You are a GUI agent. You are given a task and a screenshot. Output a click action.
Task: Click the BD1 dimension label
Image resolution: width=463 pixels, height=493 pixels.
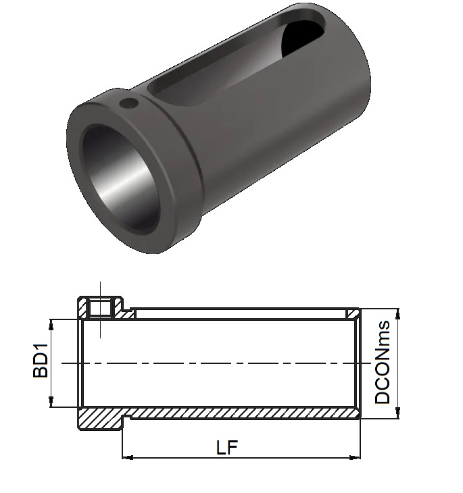[x=41, y=361]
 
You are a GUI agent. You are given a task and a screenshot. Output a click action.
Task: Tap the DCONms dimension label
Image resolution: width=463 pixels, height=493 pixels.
[x=382, y=362]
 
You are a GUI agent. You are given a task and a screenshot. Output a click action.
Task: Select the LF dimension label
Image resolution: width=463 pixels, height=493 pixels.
[x=227, y=447]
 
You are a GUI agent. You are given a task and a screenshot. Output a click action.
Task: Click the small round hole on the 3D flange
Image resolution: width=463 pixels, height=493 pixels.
[x=129, y=103]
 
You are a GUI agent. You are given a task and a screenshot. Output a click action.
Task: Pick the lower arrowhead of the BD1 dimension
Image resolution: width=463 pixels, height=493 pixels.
[x=51, y=402]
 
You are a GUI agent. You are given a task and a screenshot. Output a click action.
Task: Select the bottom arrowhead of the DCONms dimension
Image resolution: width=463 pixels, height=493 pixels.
[x=398, y=413]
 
